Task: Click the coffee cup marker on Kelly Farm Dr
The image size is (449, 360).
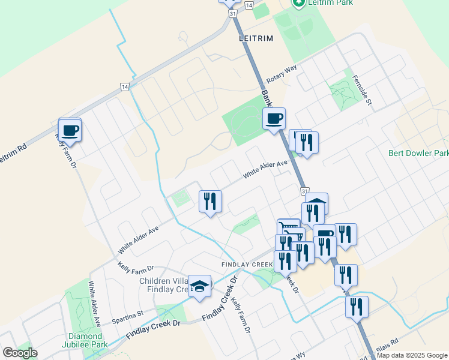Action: click(x=70, y=130)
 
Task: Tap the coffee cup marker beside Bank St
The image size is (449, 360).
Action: click(x=274, y=118)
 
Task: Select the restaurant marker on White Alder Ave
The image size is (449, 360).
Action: click(x=210, y=202)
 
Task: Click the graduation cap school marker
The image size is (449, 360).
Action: click(x=199, y=286)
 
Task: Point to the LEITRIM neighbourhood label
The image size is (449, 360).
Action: click(x=256, y=38)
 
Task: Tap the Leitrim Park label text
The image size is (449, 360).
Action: click(x=330, y=3)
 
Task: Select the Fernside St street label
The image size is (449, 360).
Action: click(x=363, y=90)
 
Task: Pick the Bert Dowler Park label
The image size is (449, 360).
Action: click(x=418, y=153)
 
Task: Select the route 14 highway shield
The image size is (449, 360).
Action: click(x=124, y=87)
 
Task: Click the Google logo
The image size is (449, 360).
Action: click(x=20, y=352)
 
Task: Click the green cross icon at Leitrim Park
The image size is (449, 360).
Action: click(x=298, y=2)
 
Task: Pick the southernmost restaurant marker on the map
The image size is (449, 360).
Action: click(x=357, y=307)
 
